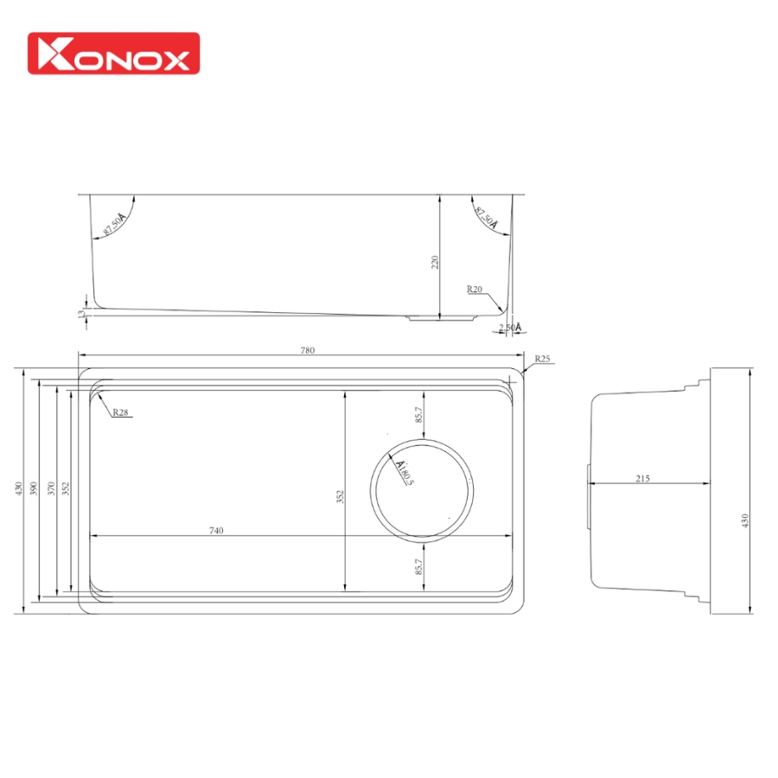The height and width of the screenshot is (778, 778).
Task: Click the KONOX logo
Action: click(113, 54)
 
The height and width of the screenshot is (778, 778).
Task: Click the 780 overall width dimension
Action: click(307, 350)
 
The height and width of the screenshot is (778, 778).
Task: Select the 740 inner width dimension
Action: click(216, 530)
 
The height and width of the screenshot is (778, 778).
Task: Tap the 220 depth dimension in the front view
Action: click(436, 261)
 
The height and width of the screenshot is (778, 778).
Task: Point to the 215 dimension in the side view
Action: click(641, 478)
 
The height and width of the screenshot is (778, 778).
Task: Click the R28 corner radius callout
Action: click(120, 412)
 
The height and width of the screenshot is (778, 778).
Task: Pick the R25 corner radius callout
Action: click(542, 358)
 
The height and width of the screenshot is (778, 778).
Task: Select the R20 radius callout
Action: click(474, 290)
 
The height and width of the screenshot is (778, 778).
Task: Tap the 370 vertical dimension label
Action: click(52, 488)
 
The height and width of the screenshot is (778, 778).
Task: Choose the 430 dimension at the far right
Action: click(745, 520)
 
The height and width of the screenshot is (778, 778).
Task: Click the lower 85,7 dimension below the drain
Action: click(418, 567)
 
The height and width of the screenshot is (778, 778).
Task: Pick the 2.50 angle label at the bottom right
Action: click(510, 328)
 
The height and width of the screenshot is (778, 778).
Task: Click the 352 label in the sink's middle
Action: click(341, 497)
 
